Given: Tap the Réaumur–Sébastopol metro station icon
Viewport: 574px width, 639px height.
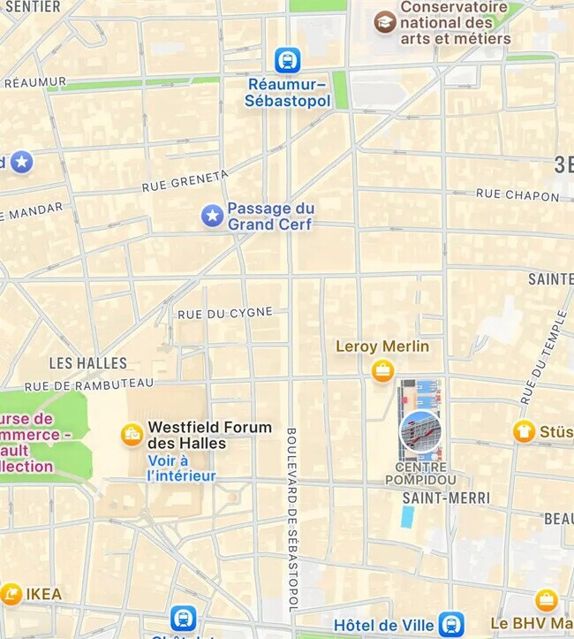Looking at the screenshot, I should (287, 60).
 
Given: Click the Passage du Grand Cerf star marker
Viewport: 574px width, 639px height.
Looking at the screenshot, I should (212, 216).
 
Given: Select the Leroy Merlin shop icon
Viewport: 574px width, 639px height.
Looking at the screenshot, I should (382, 371).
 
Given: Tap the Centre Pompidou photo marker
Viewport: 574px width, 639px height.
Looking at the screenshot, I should (420, 431).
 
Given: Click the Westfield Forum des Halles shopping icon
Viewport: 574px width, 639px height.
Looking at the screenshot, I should (132, 435).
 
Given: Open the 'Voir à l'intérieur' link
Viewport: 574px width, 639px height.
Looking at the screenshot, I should (181, 468).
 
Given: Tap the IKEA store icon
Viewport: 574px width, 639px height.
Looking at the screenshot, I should (11, 594).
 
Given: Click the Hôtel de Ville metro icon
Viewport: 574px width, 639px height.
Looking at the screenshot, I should (451, 624).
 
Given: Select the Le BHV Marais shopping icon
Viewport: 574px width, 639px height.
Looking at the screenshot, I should (547, 601).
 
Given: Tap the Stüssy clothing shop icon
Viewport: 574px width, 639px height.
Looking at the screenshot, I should (524, 431).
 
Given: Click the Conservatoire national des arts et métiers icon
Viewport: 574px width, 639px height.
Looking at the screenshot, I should (384, 22).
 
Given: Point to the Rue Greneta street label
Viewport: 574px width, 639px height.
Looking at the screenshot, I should (185, 181).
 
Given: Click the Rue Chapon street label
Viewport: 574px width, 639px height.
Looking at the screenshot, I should (517, 194).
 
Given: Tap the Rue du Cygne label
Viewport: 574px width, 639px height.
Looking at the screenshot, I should (225, 313).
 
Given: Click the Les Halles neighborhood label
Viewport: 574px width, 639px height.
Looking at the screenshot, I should (87, 362).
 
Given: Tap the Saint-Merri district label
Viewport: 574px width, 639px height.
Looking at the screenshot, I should (445, 498).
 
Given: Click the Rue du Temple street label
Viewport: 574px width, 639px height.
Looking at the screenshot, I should (543, 358).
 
